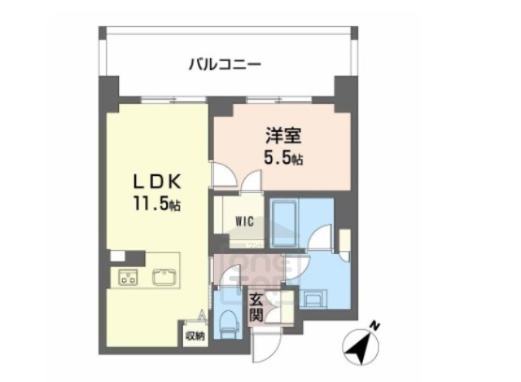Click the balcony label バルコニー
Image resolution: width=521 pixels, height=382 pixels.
point(224,63)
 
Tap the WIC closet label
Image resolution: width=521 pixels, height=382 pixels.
point(243,220)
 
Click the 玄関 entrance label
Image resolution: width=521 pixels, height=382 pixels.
point(256,307)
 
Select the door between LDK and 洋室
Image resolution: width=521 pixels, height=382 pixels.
point(221,174)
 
